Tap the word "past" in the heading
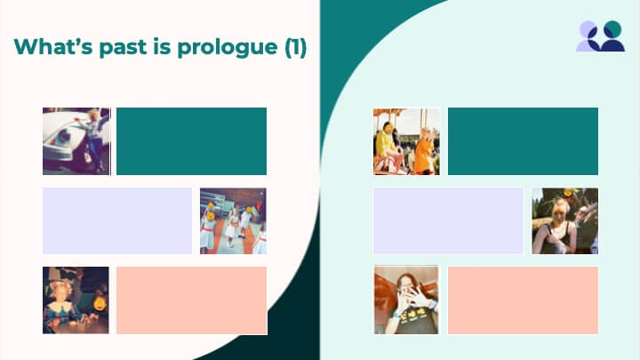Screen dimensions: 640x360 (123, 47)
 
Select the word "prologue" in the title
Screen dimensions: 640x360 (228, 48)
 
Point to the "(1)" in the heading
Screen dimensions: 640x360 (295, 47)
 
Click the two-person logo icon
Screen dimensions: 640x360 (600, 36)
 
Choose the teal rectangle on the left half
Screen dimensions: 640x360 (191, 141)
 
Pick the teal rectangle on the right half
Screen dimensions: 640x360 (523, 141)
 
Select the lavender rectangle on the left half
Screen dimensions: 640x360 (117, 220)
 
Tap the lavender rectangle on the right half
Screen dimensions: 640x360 (448, 220)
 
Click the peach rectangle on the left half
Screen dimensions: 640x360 (191, 300)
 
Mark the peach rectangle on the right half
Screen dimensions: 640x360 (523, 300)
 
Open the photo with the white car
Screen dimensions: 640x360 (76, 141)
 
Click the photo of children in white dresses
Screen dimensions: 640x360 (233, 220)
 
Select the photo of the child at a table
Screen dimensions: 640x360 (76, 300)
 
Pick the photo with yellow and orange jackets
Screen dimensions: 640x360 (406, 141)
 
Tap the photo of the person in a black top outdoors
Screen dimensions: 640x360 (565, 220)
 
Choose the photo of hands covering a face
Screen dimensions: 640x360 (406, 300)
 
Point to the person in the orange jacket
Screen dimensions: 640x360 (426, 151)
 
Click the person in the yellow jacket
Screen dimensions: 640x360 (387, 145)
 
